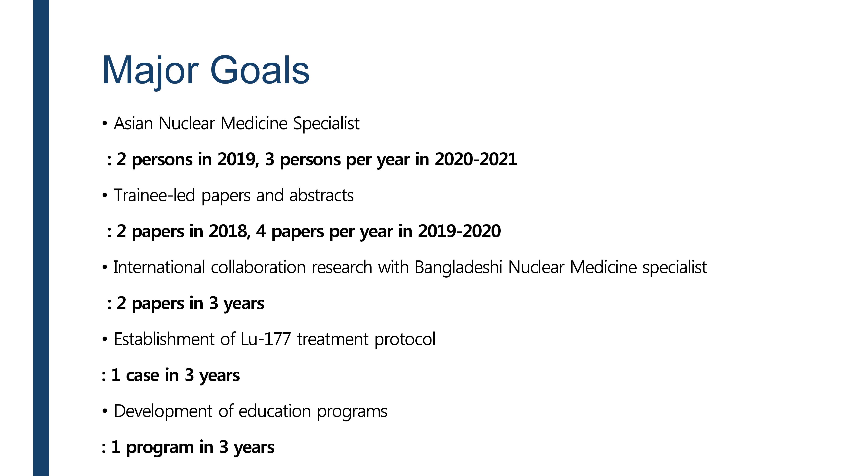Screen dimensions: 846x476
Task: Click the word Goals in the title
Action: point(260,70)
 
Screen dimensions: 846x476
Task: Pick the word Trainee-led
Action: point(154,195)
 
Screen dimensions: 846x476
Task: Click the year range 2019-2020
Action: point(459,231)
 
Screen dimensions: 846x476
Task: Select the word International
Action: point(159,267)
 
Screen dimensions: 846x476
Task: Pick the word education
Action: point(275,411)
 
